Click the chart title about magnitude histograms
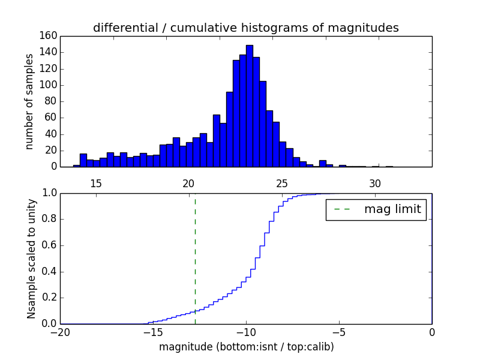point(245,28)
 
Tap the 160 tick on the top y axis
point(49,36)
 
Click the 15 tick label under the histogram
point(95,183)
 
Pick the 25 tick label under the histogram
point(282,183)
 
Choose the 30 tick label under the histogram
point(375,183)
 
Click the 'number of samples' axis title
point(29,101)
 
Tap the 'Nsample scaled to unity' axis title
point(31,258)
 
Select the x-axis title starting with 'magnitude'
point(246,347)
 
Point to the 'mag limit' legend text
point(392,209)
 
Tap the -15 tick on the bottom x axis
point(152,332)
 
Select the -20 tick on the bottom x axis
point(60,332)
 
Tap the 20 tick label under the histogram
point(188,183)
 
